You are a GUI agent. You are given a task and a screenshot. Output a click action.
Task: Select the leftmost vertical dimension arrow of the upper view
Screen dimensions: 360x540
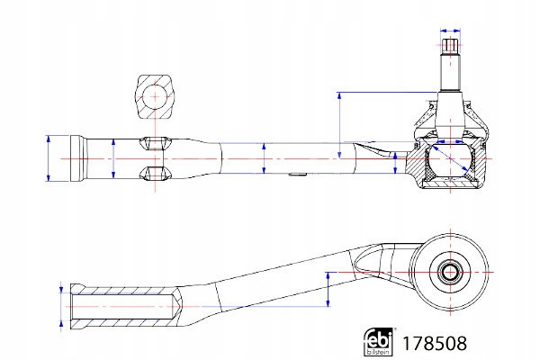(x=47, y=158)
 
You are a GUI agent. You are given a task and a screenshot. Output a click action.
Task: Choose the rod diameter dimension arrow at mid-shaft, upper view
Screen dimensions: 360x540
(x=263, y=157)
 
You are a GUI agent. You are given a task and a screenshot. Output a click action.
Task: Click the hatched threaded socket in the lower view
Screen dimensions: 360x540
(x=121, y=307)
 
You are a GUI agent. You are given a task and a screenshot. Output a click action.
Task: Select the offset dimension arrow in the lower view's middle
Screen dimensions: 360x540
(x=328, y=288)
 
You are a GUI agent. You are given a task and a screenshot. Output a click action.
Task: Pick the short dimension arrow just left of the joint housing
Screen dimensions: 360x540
(x=395, y=162)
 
